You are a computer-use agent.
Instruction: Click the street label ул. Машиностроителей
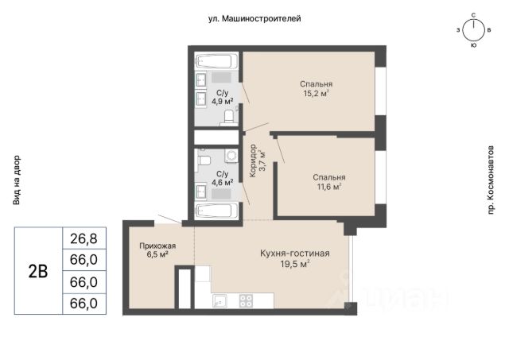pyautogui.click(x=254, y=19)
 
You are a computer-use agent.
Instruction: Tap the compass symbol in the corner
pyautogui.click(x=474, y=30)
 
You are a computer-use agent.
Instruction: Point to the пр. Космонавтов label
pyautogui.click(x=491, y=180)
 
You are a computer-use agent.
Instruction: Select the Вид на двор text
pyautogui.click(x=17, y=180)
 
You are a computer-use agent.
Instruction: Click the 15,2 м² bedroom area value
pyautogui.click(x=317, y=94)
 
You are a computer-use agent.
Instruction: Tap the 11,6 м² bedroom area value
pyautogui.click(x=328, y=187)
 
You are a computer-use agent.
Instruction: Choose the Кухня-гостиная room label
pyautogui.click(x=295, y=254)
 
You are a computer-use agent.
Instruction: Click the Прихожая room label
pyautogui.click(x=157, y=246)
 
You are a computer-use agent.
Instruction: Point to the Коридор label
pyautogui.click(x=253, y=161)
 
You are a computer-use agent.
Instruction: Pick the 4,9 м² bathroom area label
pyautogui.click(x=223, y=102)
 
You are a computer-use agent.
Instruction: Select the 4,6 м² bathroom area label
pyautogui.click(x=223, y=183)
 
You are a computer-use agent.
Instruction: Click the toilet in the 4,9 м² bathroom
pyautogui.click(x=228, y=118)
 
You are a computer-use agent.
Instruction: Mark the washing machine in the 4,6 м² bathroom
pyautogui.click(x=231, y=156)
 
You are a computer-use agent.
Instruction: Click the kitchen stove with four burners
pyautogui.click(x=246, y=300)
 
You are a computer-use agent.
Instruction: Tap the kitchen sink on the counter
pyautogui.click(x=220, y=300)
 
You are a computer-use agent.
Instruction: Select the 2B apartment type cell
pyautogui.click(x=38, y=271)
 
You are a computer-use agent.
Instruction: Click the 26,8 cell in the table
pyautogui.click(x=84, y=238)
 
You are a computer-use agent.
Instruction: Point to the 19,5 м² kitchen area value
pyautogui.click(x=295, y=264)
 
